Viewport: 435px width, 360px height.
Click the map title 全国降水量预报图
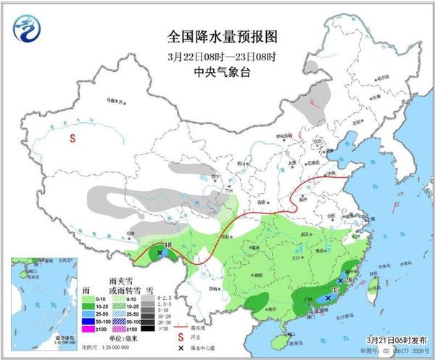pos(223,36)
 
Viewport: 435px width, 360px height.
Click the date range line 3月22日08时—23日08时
pos(223,56)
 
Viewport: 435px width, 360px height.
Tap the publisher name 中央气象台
pos(223,71)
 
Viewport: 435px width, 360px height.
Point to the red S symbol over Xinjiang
pos(72,138)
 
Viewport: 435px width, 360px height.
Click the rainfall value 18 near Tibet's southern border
pos(167,246)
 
